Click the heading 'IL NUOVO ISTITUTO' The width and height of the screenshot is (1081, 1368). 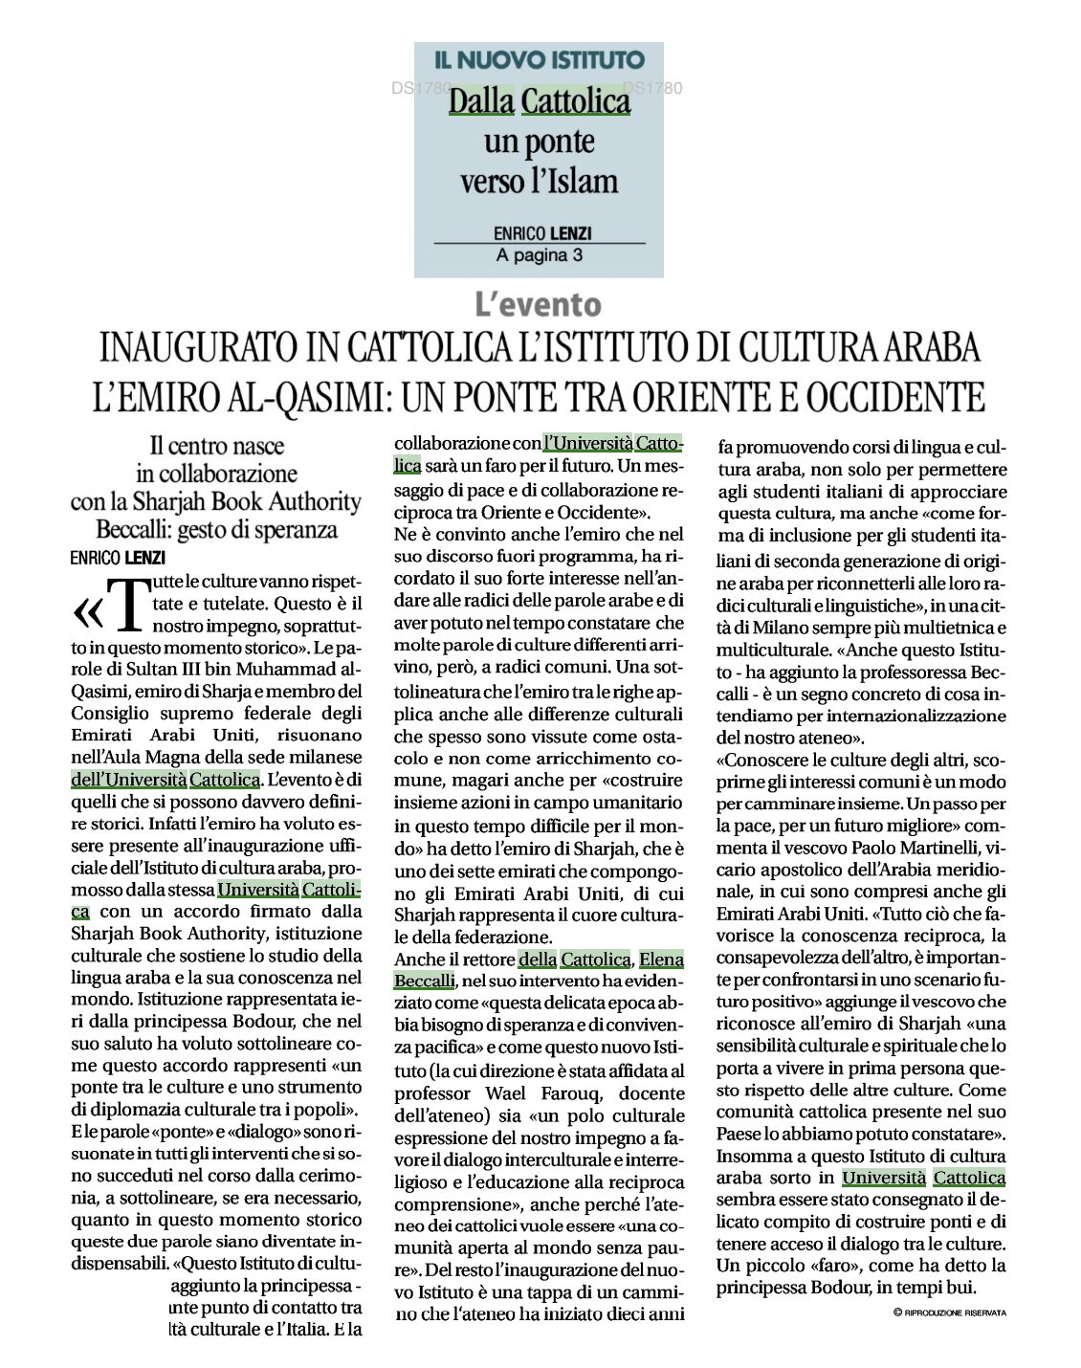click(x=539, y=60)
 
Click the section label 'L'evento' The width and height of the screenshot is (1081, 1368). click(x=539, y=305)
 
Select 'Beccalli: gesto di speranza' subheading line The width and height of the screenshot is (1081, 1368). click(x=217, y=529)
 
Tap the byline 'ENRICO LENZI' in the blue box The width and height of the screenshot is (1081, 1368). click(x=539, y=232)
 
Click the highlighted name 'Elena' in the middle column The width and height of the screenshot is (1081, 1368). click(x=661, y=959)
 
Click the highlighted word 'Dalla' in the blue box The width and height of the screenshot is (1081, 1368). click(x=481, y=100)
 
